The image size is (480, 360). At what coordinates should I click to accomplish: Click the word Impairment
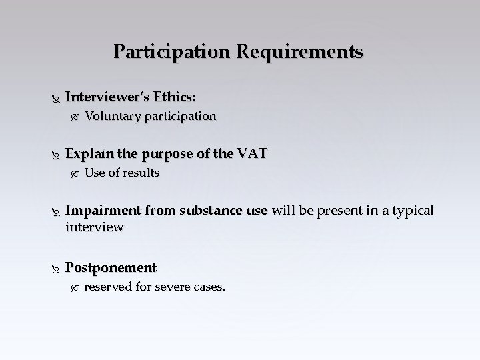click(103, 211)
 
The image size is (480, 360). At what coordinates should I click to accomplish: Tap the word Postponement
click(111, 268)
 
